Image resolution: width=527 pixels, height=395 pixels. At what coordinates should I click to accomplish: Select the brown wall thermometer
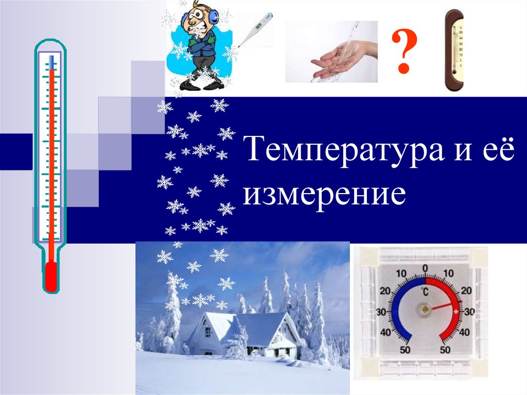(454, 50)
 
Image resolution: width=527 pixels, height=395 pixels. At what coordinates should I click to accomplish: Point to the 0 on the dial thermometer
(425, 268)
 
